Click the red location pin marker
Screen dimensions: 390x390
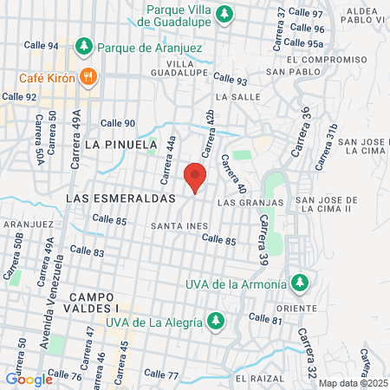(x=196, y=177)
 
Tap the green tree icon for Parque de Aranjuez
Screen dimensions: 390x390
(x=84, y=46)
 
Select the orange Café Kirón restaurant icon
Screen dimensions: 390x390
(x=88, y=77)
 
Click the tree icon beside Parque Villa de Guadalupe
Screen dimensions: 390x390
(x=225, y=13)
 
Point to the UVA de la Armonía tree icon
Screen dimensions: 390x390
(x=299, y=283)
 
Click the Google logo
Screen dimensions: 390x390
(x=29, y=379)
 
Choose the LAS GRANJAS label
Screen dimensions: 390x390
(x=250, y=203)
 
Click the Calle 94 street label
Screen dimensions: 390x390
(x=42, y=45)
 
